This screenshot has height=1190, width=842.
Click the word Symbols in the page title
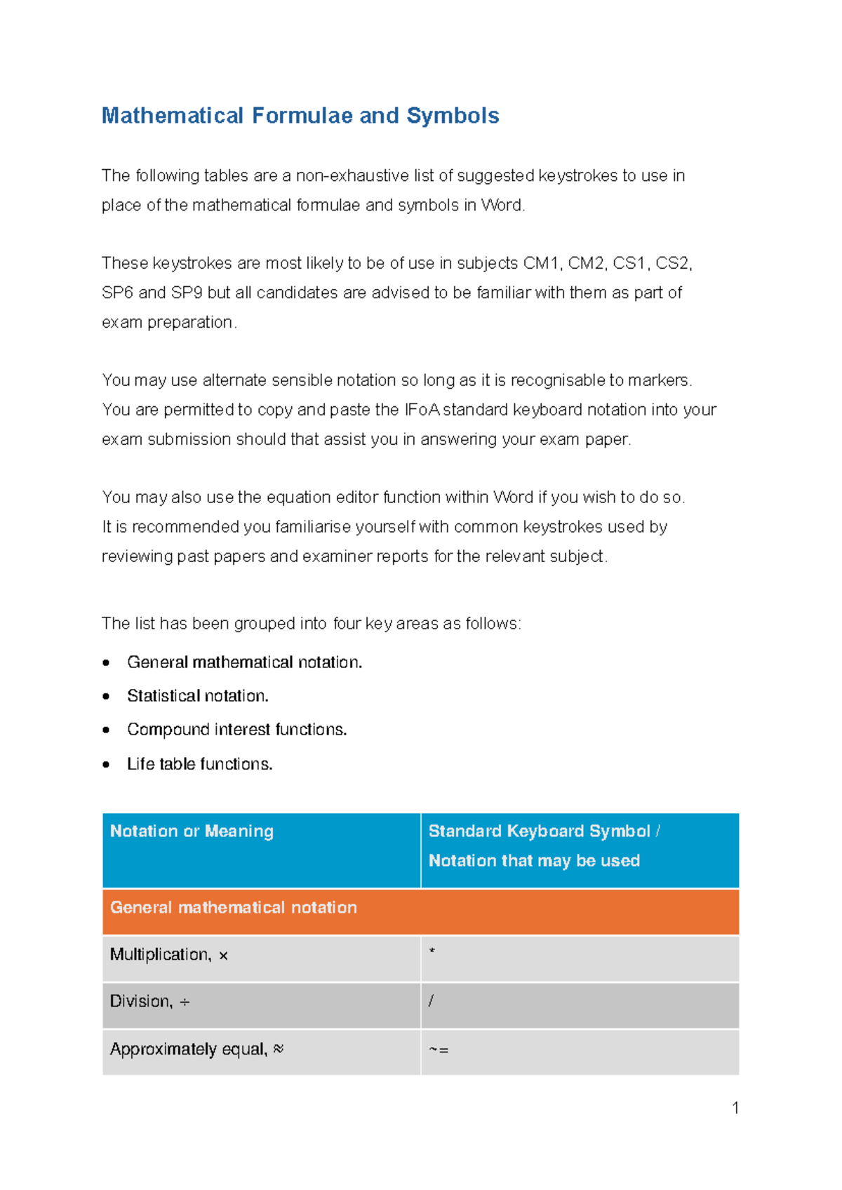point(453,116)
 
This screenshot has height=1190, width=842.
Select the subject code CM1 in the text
point(541,263)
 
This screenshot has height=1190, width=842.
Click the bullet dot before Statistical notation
point(106,696)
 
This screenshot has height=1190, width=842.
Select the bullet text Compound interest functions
point(236,730)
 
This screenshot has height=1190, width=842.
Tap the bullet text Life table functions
point(199,764)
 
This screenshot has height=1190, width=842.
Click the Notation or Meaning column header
point(192,831)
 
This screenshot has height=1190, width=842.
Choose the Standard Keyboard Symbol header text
point(540,831)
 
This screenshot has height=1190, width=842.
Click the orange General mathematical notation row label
point(233,908)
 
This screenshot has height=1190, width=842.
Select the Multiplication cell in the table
point(168,955)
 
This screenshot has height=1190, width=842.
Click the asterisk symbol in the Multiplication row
point(432,952)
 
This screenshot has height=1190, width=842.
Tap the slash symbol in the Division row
point(431,1002)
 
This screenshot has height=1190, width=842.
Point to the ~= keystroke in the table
point(439,1050)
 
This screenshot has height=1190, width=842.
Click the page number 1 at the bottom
point(735,1108)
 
